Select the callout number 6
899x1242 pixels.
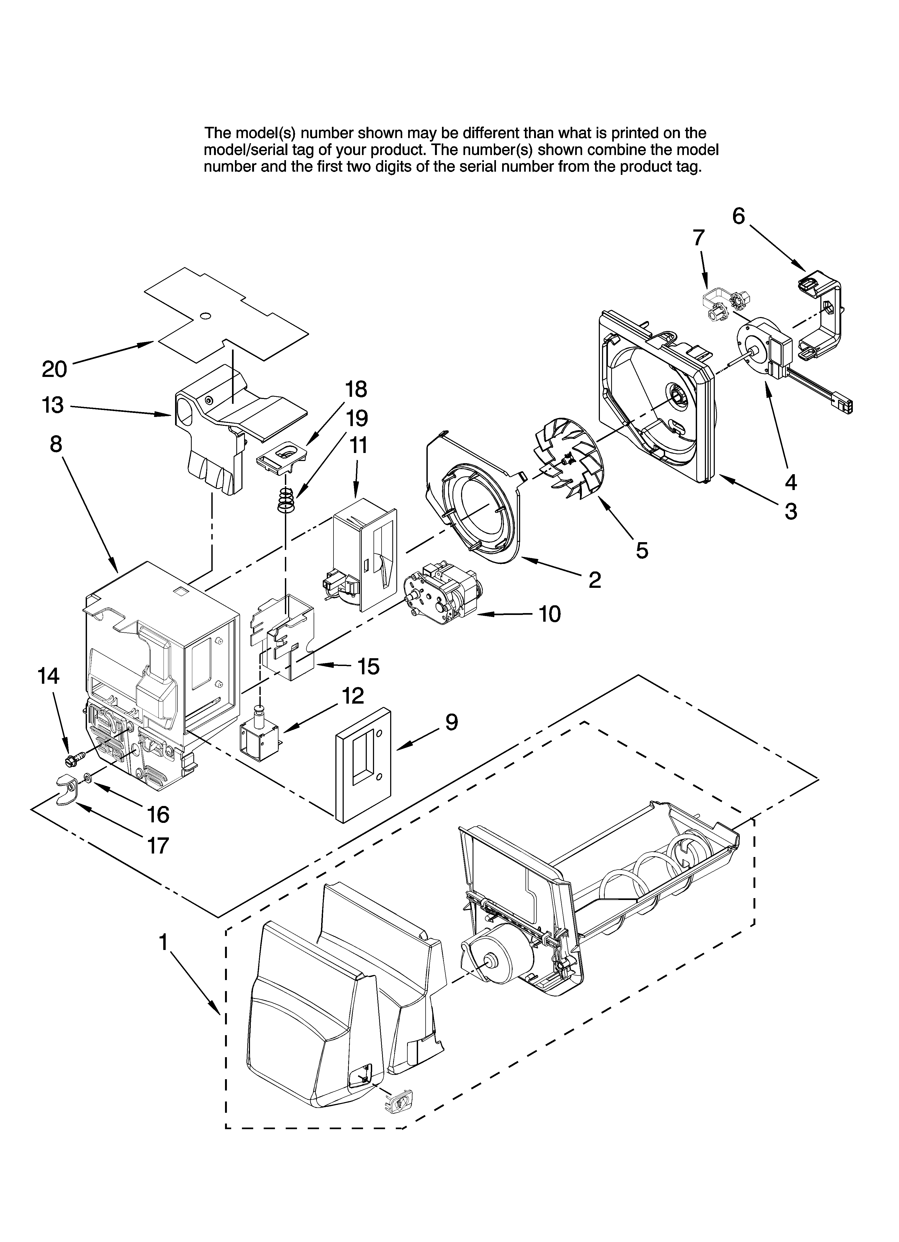(739, 217)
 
